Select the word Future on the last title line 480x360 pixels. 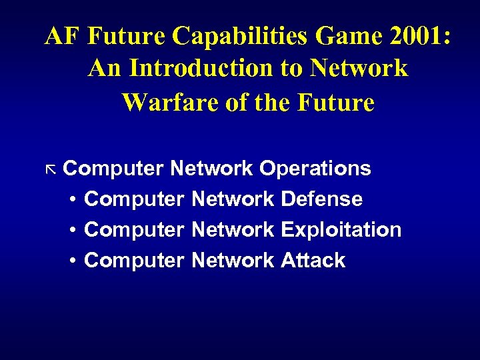click(337, 103)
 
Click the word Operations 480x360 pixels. click(315, 169)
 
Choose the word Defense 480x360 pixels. click(322, 199)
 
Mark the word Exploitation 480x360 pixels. click(341, 230)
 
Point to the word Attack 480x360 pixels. click(313, 261)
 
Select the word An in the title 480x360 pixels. click(104, 69)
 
